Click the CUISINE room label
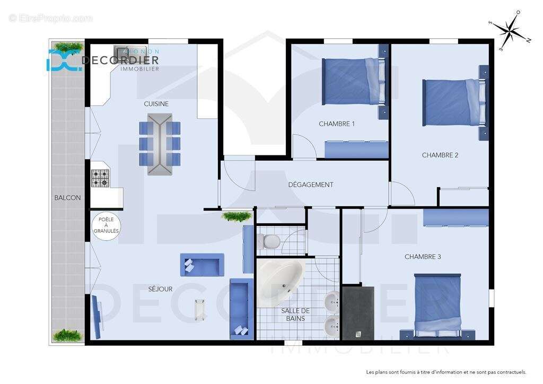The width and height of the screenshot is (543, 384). click(x=156, y=104)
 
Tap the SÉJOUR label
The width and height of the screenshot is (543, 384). click(x=160, y=289)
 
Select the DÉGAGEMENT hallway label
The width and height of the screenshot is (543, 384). click(x=311, y=185)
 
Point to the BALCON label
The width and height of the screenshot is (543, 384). click(x=67, y=198)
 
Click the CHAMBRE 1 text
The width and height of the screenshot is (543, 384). click(x=337, y=124)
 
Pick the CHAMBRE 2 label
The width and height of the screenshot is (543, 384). click(x=440, y=155)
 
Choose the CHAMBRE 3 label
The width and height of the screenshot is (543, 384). click(x=423, y=257)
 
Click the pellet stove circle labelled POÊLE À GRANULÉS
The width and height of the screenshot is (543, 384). click(x=106, y=226)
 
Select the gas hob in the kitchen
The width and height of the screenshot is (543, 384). click(x=100, y=178)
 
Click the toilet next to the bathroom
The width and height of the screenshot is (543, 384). click(x=270, y=242)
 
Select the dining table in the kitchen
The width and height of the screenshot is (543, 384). click(x=160, y=144)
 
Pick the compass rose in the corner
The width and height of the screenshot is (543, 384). click(x=510, y=31)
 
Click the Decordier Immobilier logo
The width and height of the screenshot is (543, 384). click(x=103, y=60)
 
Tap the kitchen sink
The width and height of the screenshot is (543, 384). click(x=121, y=50)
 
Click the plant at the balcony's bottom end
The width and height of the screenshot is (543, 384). click(x=68, y=335)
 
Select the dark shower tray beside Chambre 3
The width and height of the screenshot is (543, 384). click(x=358, y=313)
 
